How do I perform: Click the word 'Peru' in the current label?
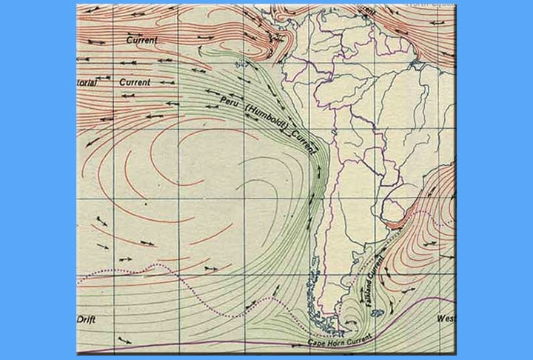[x=229, y=103]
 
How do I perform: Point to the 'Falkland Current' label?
[x=373, y=276]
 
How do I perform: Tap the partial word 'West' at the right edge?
[x=446, y=319]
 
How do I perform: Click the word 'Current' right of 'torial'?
[x=134, y=81]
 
